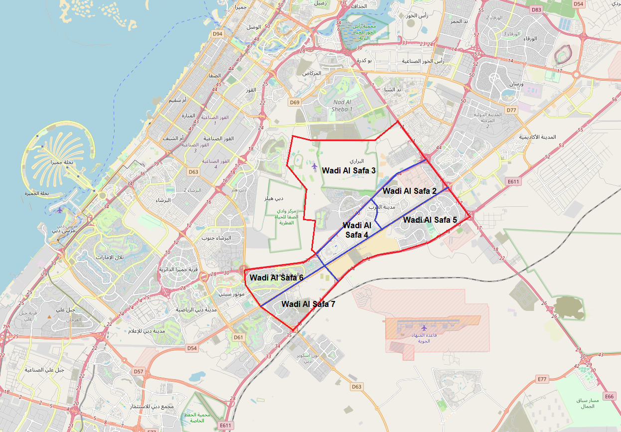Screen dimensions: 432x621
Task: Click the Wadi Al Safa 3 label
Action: pos(348,170)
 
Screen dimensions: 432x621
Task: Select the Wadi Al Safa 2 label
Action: pos(410,191)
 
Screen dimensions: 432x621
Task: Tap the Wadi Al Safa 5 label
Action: pos(430,220)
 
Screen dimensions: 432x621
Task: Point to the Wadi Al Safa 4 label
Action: pos(356,230)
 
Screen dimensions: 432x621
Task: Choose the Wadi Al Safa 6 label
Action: pos(276,278)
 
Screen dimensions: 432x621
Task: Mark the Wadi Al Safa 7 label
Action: pos(308,304)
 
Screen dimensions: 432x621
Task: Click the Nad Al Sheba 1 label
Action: pos(342,105)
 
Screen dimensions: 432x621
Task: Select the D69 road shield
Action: pos(295,102)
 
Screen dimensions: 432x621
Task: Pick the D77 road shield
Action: pos(511,110)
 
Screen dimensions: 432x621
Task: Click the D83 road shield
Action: pos(536,9)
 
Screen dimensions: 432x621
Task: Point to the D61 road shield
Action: pos(239,337)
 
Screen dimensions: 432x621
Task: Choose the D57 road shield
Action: pos(139,371)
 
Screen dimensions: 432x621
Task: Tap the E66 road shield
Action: pos(609,396)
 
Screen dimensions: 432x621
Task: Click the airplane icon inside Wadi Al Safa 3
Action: pos(314,165)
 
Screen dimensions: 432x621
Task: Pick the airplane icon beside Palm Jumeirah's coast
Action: pos(60,210)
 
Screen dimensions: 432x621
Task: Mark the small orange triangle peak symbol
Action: pos(49,316)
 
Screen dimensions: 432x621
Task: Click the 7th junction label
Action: pos(6,327)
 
